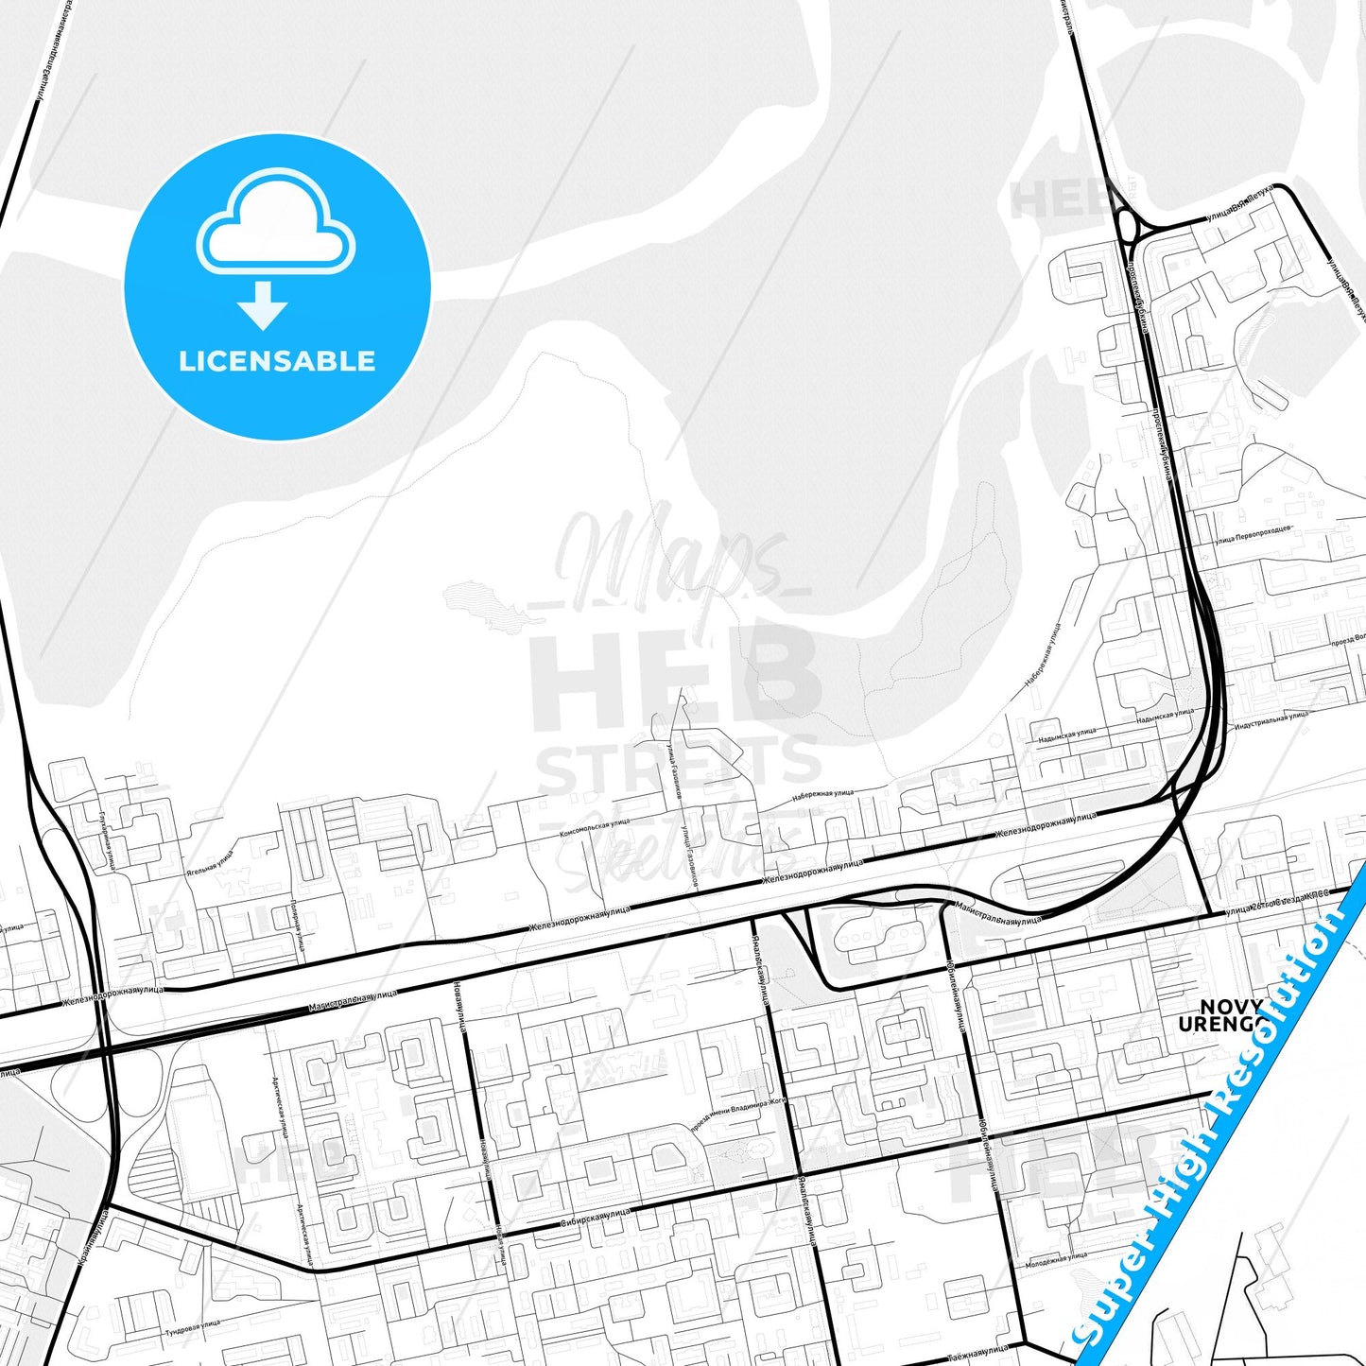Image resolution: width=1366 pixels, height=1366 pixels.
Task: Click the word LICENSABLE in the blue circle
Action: coord(277,361)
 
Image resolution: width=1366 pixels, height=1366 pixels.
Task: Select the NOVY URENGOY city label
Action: coord(1230,1015)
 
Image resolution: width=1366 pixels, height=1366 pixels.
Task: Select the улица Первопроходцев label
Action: coord(1253,535)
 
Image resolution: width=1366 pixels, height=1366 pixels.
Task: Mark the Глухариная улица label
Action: coord(106,839)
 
